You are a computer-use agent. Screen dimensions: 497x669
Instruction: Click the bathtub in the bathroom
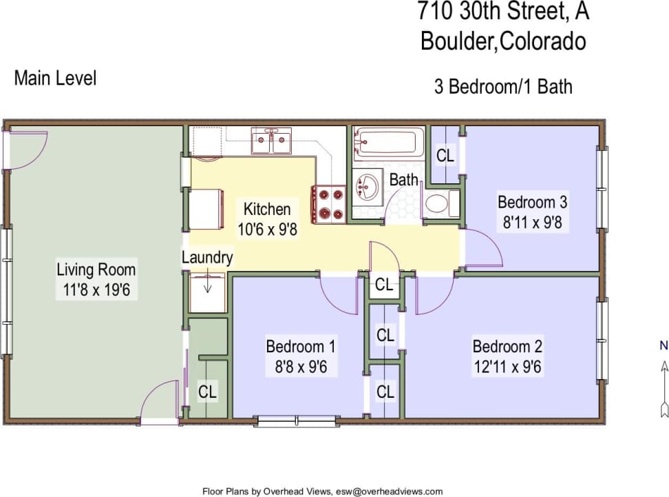click(387, 142)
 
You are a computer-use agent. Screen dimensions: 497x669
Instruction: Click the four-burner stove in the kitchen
click(329, 205)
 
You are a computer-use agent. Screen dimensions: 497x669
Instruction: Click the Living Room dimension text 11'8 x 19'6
click(96, 290)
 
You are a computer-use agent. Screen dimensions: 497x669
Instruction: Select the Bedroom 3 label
click(532, 202)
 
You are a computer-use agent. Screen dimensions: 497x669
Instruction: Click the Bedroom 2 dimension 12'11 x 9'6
click(507, 366)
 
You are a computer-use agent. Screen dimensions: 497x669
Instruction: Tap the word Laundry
click(207, 258)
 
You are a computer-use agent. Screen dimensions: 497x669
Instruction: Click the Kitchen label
click(267, 209)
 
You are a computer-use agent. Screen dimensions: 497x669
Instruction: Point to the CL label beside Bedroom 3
click(445, 156)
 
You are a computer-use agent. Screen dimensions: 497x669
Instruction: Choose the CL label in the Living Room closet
click(207, 392)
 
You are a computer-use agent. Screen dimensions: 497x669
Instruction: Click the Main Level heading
click(55, 78)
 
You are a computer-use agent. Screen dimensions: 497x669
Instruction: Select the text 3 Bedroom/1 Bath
click(503, 87)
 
